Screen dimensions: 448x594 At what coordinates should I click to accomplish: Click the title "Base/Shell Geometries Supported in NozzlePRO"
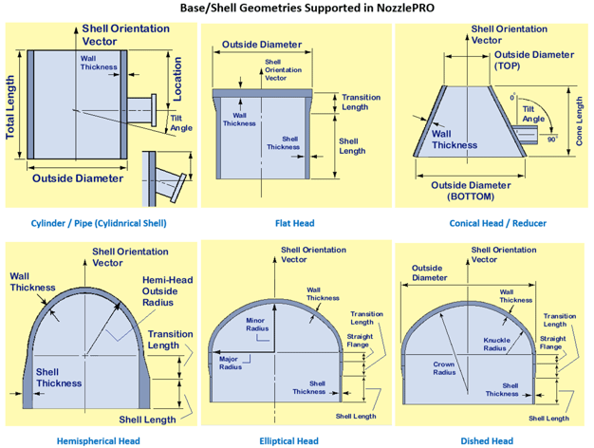[296, 9]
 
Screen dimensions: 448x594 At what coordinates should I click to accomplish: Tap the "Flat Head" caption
[294, 223]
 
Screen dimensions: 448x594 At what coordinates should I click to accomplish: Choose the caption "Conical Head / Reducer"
[497, 223]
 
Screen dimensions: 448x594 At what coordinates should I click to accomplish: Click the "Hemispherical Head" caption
[98, 440]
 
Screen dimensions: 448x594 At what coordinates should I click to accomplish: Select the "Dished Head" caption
[487, 440]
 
